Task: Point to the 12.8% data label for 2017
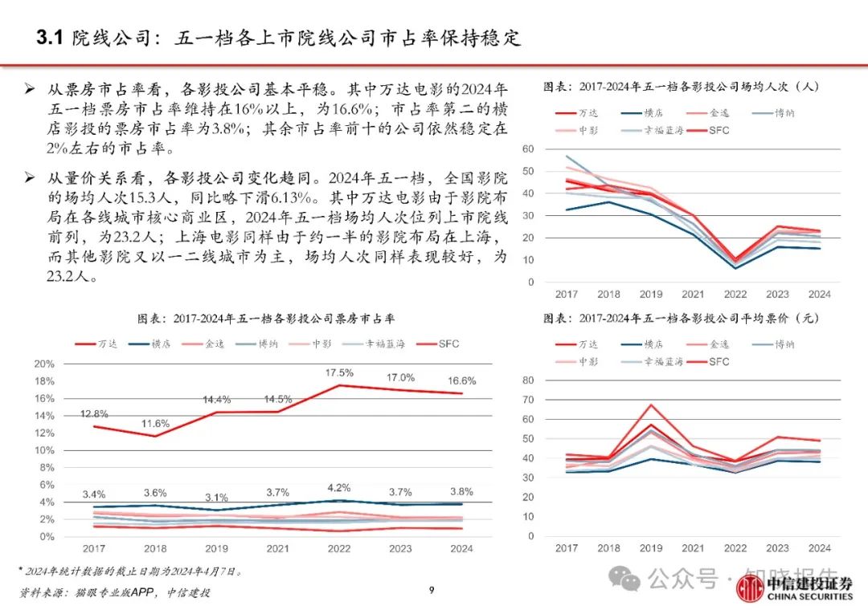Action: (95, 413)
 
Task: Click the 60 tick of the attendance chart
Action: (528, 149)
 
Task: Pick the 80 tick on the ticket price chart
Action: (528, 380)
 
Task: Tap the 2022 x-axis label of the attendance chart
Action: (735, 294)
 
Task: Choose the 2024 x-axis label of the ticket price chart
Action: (819, 548)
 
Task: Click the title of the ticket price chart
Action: (681, 319)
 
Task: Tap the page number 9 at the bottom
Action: (432, 592)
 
